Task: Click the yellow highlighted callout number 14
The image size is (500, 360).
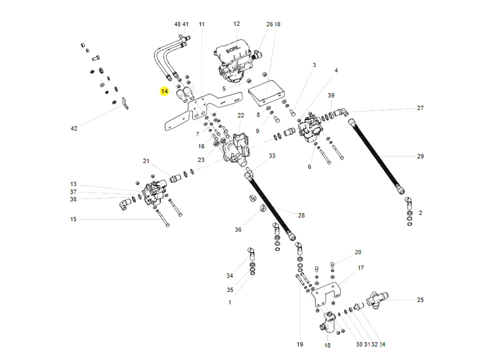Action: coord(164,91)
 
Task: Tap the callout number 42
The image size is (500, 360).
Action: coord(74,129)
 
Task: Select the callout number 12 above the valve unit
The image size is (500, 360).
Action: coord(236,24)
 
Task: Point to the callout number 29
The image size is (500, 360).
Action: coord(420,156)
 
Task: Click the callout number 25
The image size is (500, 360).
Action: coord(420,300)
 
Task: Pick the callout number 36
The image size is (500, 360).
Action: coord(238,229)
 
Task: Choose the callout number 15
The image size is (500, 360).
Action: coord(73,219)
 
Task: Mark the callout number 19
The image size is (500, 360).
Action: coord(300,344)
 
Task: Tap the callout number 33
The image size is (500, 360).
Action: coord(271,156)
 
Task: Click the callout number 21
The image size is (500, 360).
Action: coord(146,161)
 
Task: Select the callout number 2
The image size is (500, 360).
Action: coord(420,212)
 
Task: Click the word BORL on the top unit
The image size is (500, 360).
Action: coord(233,51)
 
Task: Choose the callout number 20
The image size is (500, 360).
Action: coord(357,252)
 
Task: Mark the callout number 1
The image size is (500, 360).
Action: coord(229,302)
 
